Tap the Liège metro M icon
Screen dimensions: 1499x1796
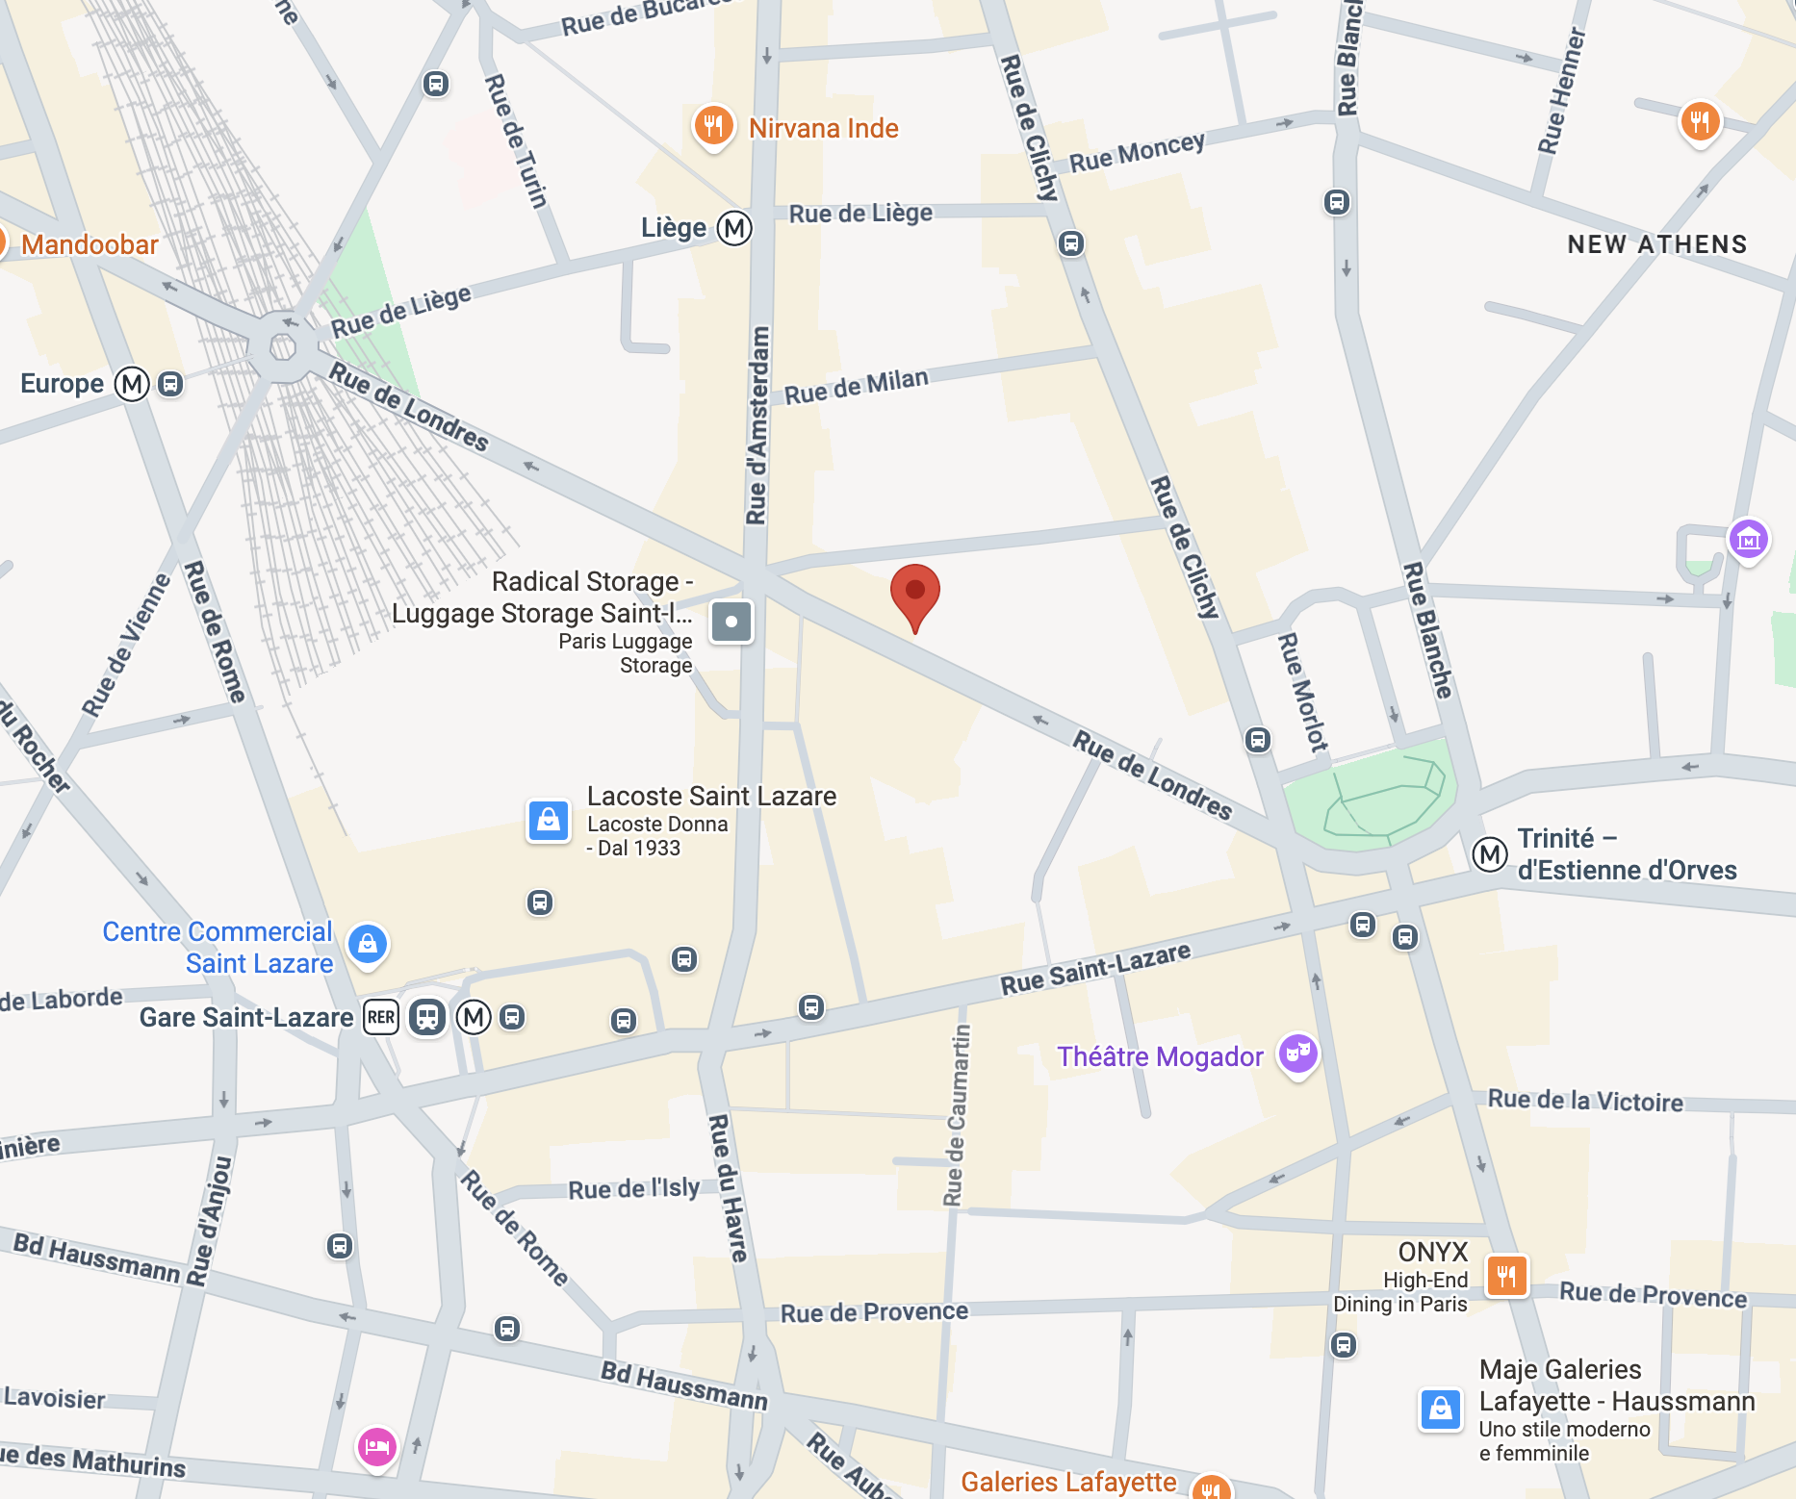click(x=734, y=228)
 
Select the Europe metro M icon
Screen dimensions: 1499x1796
click(x=132, y=384)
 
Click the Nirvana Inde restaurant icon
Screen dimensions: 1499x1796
click(x=713, y=126)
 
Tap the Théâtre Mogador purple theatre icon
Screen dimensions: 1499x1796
click(x=1297, y=1054)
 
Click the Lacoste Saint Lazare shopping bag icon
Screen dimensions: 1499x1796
click(x=549, y=821)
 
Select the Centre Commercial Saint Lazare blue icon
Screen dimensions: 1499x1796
click(x=368, y=945)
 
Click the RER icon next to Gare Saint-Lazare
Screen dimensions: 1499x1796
click(x=381, y=1017)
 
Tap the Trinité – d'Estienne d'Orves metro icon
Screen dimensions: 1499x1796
click(x=1489, y=853)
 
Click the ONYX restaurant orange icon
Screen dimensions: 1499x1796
click(x=1506, y=1277)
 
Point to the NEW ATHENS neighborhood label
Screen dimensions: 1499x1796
click(x=1656, y=244)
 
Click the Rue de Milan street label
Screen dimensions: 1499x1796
click(x=856, y=387)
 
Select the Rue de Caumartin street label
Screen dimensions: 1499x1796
click(x=956, y=1116)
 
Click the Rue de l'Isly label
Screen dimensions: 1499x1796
click(x=633, y=1189)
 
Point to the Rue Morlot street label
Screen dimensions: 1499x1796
click(x=1302, y=692)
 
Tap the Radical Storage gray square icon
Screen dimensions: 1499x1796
click(x=731, y=622)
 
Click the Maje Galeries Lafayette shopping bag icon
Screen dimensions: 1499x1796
click(x=1441, y=1410)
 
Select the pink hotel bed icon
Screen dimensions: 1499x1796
click(x=376, y=1446)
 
